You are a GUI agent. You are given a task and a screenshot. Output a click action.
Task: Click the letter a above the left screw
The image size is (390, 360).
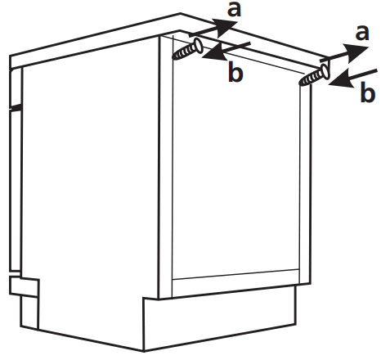[235, 10]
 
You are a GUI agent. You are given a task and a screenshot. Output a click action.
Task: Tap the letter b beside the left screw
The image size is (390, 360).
[235, 73]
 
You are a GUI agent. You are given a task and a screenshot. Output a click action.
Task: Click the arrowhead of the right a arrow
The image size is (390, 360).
[353, 51]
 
